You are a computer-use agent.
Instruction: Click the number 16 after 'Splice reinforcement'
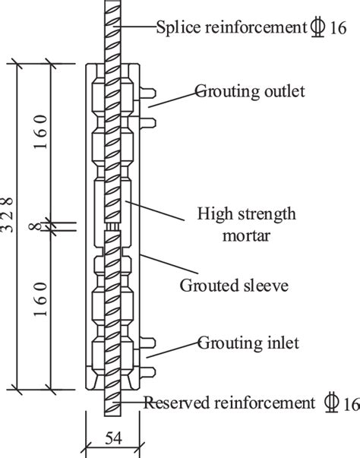coord(338,28)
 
